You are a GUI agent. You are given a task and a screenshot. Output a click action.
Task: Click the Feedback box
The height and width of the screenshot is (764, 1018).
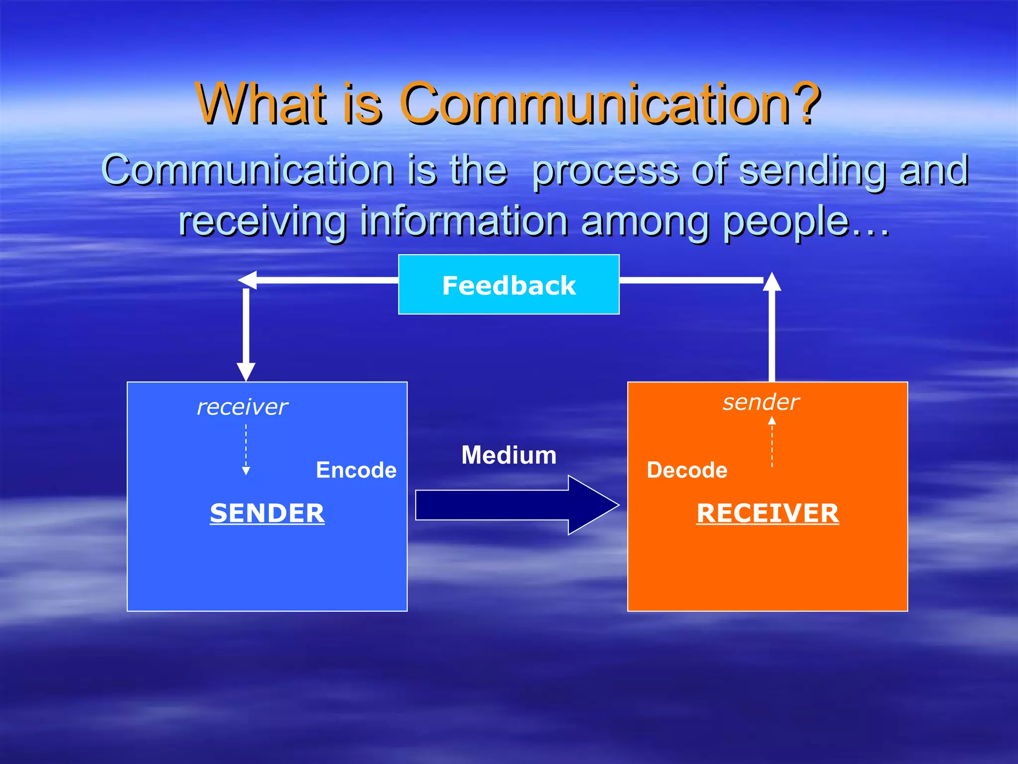509,285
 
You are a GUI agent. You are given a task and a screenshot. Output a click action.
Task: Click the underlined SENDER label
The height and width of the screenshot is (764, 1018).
267,513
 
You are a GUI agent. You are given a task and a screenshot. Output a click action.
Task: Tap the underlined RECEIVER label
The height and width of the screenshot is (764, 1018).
767,513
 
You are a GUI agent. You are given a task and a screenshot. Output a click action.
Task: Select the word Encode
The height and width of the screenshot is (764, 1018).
356,470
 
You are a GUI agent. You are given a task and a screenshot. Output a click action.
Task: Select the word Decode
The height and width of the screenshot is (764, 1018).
686,470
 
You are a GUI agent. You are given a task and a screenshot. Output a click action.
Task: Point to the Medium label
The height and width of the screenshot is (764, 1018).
509,455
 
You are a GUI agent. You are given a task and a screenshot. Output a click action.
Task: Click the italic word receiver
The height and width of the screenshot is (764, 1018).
242,407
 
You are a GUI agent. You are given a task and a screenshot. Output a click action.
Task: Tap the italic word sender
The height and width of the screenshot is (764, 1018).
761,402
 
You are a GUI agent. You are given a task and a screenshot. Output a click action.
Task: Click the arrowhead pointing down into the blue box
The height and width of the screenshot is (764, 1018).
246,372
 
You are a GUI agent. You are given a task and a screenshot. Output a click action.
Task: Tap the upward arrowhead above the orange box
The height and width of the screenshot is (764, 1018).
772,282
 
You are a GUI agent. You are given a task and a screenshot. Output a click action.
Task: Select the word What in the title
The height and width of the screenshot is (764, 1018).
262,103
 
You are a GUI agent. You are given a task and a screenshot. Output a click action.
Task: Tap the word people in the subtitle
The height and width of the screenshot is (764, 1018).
785,222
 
